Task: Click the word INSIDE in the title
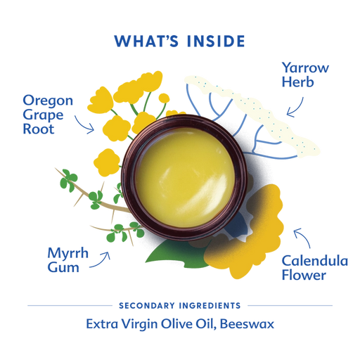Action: [x=216, y=41]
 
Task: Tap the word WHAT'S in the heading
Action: [x=147, y=41]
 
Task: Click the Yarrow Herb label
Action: [x=305, y=75]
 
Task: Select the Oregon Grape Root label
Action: [x=48, y=115]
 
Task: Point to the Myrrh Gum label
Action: [x=67, y=259]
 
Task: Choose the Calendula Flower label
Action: [x=315, y=267]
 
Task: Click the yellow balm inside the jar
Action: [x=185, y=177]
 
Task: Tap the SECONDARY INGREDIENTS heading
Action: [x=180, y=306]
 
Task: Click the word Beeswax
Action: [x=247, y=324]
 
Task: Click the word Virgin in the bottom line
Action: [x=139, y=325]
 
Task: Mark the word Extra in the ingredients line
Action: [x=102, y=324]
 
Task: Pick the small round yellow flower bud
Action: [x=164, y=98]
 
